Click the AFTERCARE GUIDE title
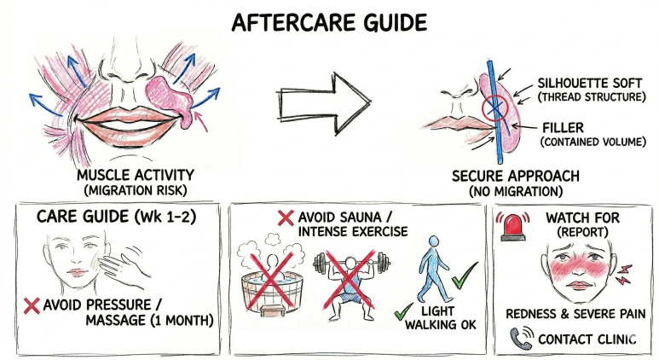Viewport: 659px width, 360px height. [329, 22]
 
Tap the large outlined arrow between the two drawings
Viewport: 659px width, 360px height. [324, 103]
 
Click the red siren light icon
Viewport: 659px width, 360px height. [512, 227]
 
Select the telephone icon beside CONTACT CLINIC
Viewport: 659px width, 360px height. [521, 338]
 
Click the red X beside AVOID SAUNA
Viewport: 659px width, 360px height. [286, 218]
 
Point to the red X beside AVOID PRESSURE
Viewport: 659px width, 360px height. [32, 305]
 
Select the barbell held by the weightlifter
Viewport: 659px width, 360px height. [351, 263]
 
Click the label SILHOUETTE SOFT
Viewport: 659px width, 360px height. [590, 83]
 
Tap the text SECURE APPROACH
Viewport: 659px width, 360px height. [516, 176]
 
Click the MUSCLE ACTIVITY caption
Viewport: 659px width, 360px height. [136, 175]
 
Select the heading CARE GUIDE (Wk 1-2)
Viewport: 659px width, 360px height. [117, 216]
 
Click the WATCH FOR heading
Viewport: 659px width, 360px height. [582, 218]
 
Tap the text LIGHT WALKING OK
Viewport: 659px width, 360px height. [441, 317]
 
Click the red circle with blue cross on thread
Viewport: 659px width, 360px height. [495, 108]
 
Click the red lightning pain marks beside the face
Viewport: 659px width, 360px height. [624, 273]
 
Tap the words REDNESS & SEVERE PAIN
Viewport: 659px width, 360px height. [575, 314]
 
